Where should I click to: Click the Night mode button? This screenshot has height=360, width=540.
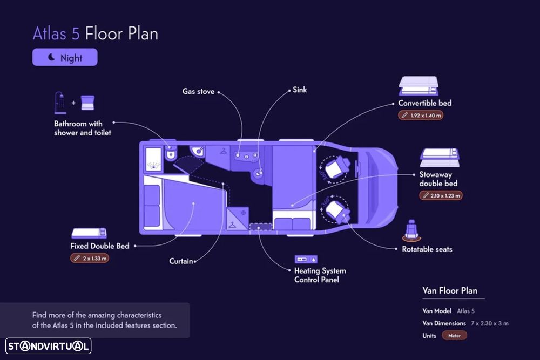click(65, 57)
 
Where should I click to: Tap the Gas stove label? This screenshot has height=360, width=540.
click(198, 92)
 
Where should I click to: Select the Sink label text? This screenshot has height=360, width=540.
click(300, 90)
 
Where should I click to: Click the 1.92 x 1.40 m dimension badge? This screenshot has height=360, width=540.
click(421, 116)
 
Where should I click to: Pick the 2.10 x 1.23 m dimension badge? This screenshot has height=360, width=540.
click(441, 195)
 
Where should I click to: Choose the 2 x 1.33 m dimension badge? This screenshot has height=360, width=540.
click(90, 258)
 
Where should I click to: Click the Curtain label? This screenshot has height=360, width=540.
click(181, 261)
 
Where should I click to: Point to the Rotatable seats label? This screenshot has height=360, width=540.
click(427, 249)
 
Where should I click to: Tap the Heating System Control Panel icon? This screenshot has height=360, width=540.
click(306, 259)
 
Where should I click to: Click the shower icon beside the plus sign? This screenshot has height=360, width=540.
click(60, 103)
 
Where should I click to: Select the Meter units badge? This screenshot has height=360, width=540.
click(454, 336)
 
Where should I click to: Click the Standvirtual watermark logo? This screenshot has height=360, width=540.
click(48, 346)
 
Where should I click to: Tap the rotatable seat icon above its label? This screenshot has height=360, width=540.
click(411, 230)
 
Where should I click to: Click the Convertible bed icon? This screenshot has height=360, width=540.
click(418, 86)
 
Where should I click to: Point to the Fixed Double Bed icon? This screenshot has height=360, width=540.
click(89, 233)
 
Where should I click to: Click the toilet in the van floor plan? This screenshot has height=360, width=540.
click(171, 153)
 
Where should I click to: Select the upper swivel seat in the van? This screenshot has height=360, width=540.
click(336, 169)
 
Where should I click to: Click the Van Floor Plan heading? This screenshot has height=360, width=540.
click(450, 290)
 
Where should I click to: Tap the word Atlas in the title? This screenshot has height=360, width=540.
click(50, 33)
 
